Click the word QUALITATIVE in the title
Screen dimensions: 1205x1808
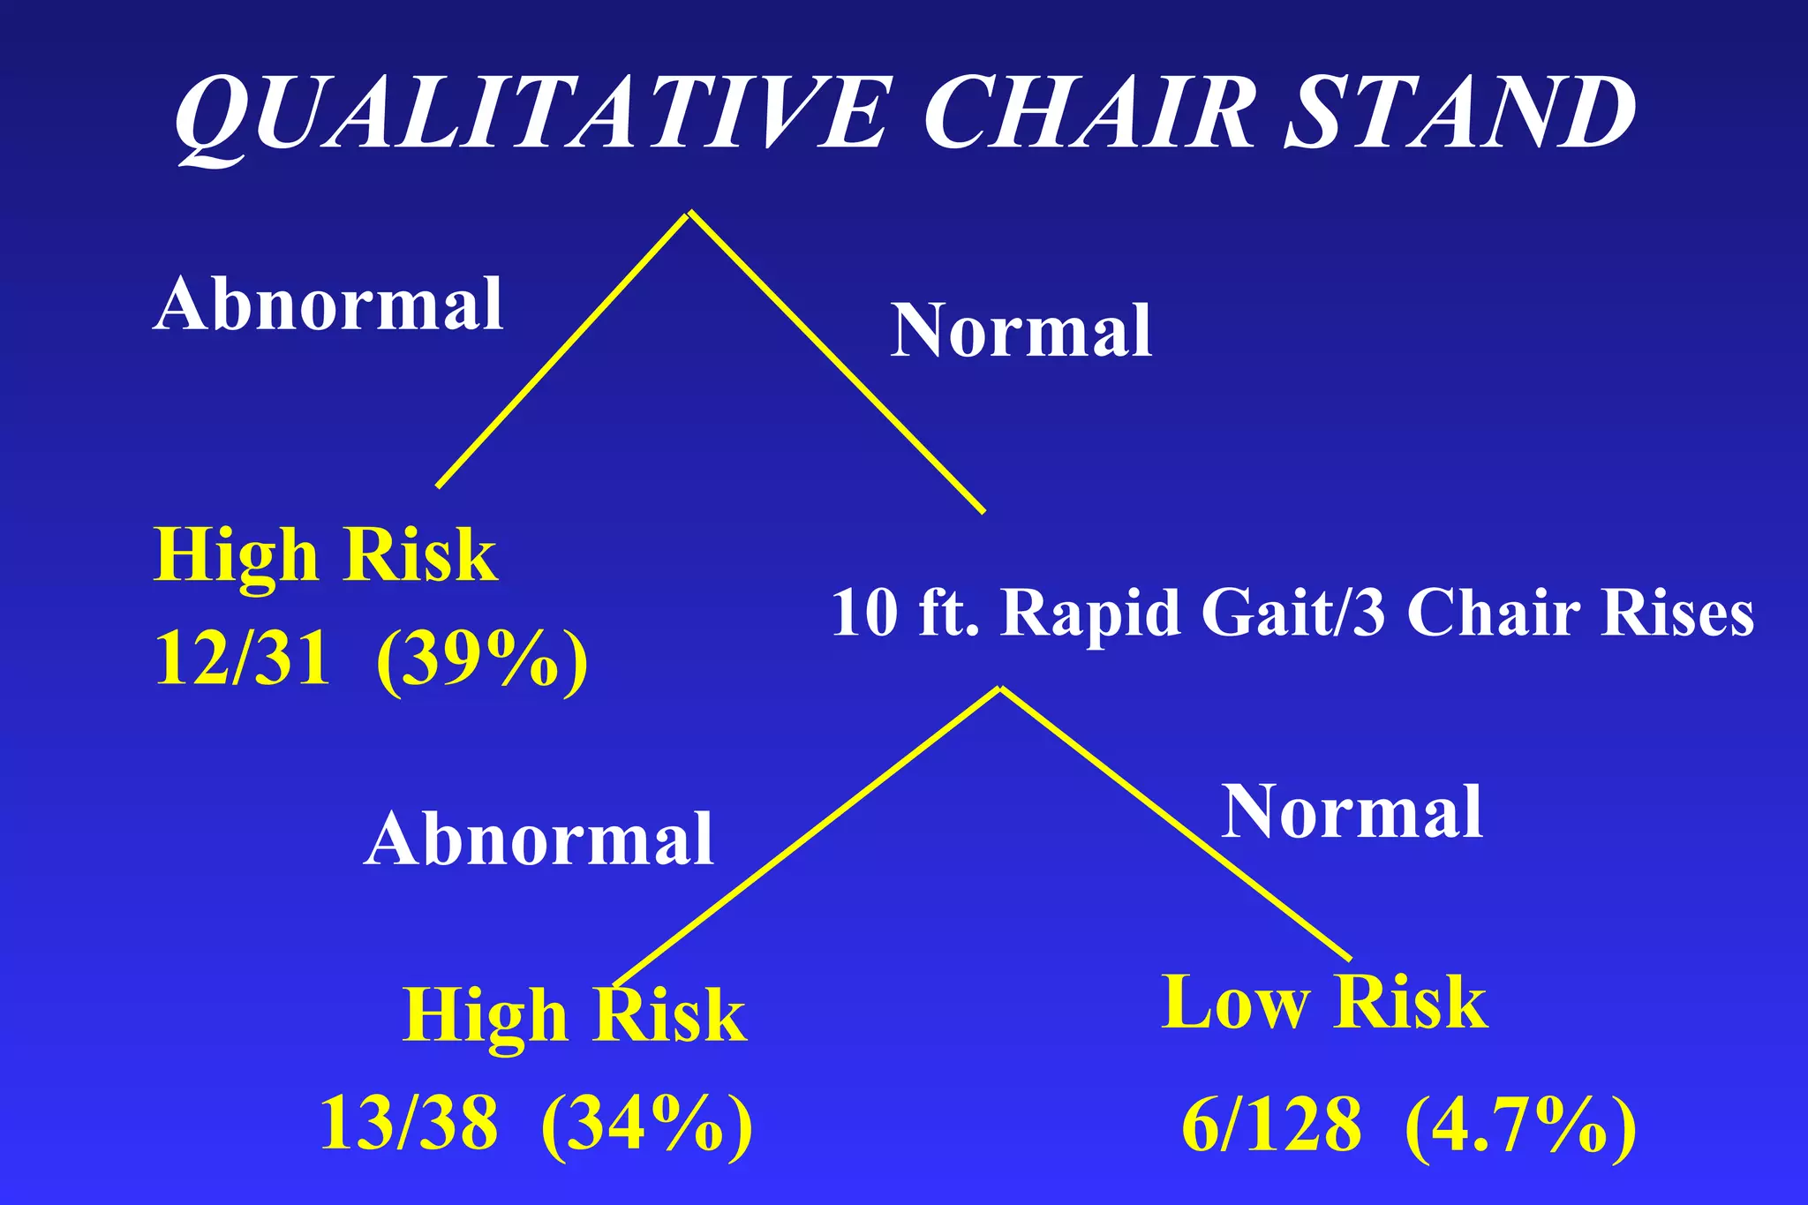coord(530,115)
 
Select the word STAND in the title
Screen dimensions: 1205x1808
coord(1461,115)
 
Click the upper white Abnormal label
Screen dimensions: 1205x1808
coord(328,305)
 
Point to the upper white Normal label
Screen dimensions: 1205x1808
coord(1021,330)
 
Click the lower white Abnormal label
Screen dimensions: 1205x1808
coord(539,840)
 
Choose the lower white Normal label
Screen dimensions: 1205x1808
coord(1352,813)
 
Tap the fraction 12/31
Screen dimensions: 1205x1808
coord(243,659)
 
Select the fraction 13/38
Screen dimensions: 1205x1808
coord(408,1124)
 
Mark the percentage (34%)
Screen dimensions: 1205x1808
coord(646,1126)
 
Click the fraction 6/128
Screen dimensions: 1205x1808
coord(1271,1126)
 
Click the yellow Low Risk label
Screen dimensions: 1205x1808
coord(1324,1003)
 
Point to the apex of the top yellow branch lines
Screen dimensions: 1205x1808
coord(689,213)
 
